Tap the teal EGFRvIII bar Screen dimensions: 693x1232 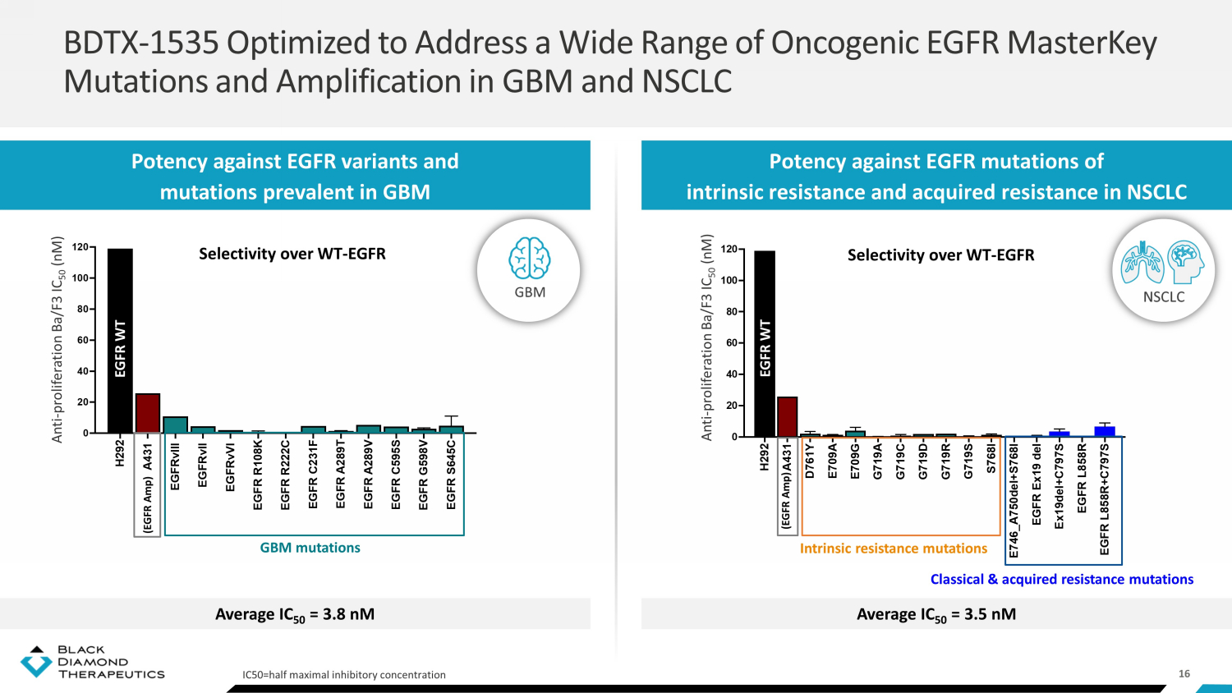click(175, 425)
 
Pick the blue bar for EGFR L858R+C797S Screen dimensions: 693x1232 click(1105, 431)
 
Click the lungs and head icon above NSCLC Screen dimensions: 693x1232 click(1163, 263)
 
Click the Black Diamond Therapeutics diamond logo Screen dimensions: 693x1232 click(35, 662)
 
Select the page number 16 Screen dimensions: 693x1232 click(1184, 673)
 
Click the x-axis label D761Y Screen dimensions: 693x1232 click(810, 461)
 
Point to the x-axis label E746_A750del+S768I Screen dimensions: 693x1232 click(1014, 501)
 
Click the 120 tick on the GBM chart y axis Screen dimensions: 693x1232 click(80, 247)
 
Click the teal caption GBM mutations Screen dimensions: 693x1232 click(310, 548)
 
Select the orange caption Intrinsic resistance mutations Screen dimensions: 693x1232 click(894, 548)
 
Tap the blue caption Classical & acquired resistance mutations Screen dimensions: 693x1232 click(1061, 579)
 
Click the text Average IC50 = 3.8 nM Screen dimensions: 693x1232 click(295, 614)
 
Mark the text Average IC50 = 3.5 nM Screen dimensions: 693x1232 click(936, 614)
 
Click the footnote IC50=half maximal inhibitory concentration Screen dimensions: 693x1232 click(344, 675)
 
